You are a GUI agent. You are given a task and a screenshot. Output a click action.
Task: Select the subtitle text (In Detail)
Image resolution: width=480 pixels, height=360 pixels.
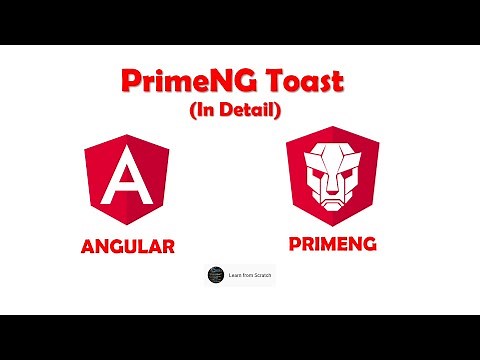(x=240, y=111)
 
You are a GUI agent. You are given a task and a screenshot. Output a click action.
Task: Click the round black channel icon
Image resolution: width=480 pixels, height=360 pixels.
(x=215, y=273)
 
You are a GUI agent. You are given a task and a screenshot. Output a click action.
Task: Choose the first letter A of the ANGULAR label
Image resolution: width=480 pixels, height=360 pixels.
(x=89, y=245)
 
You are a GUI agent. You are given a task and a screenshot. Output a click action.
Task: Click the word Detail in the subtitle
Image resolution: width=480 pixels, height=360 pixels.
(x=249, y=111)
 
